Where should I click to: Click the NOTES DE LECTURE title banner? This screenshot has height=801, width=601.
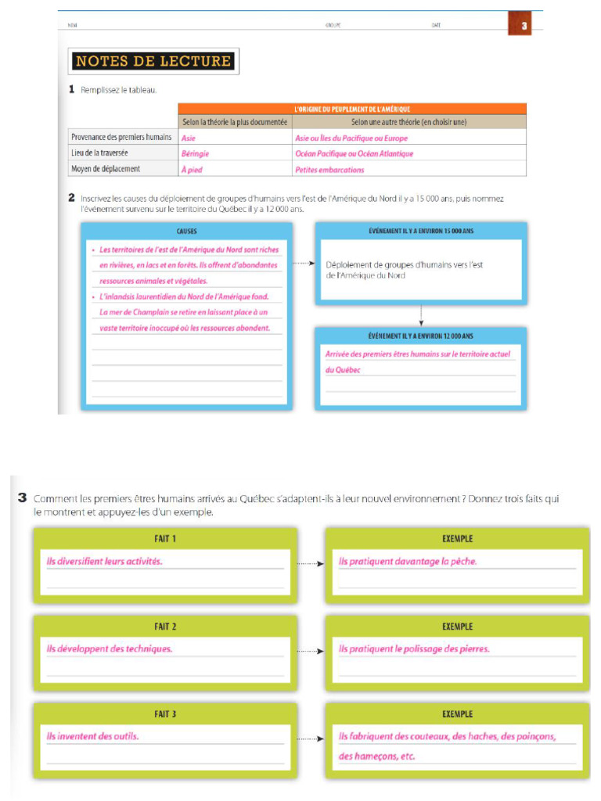153,61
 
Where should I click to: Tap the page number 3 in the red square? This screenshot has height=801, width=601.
524,26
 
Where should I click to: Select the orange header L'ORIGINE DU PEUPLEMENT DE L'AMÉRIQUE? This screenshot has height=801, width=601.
352,109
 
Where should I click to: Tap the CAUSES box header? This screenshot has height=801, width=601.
187,232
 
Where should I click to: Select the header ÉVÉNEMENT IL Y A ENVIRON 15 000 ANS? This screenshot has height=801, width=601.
420,232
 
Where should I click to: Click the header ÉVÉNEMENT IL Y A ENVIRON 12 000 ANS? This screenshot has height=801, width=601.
420,336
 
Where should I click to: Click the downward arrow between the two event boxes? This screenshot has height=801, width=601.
421,314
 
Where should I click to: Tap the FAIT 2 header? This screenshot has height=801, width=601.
165,627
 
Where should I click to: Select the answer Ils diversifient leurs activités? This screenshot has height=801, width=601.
105,561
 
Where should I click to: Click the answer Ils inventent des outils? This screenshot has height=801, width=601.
93,736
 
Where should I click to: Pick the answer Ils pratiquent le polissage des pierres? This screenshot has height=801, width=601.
414,648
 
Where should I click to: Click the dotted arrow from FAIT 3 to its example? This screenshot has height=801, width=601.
311,738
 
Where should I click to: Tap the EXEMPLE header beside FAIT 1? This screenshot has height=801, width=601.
457,539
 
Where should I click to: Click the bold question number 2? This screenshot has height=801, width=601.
72,198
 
